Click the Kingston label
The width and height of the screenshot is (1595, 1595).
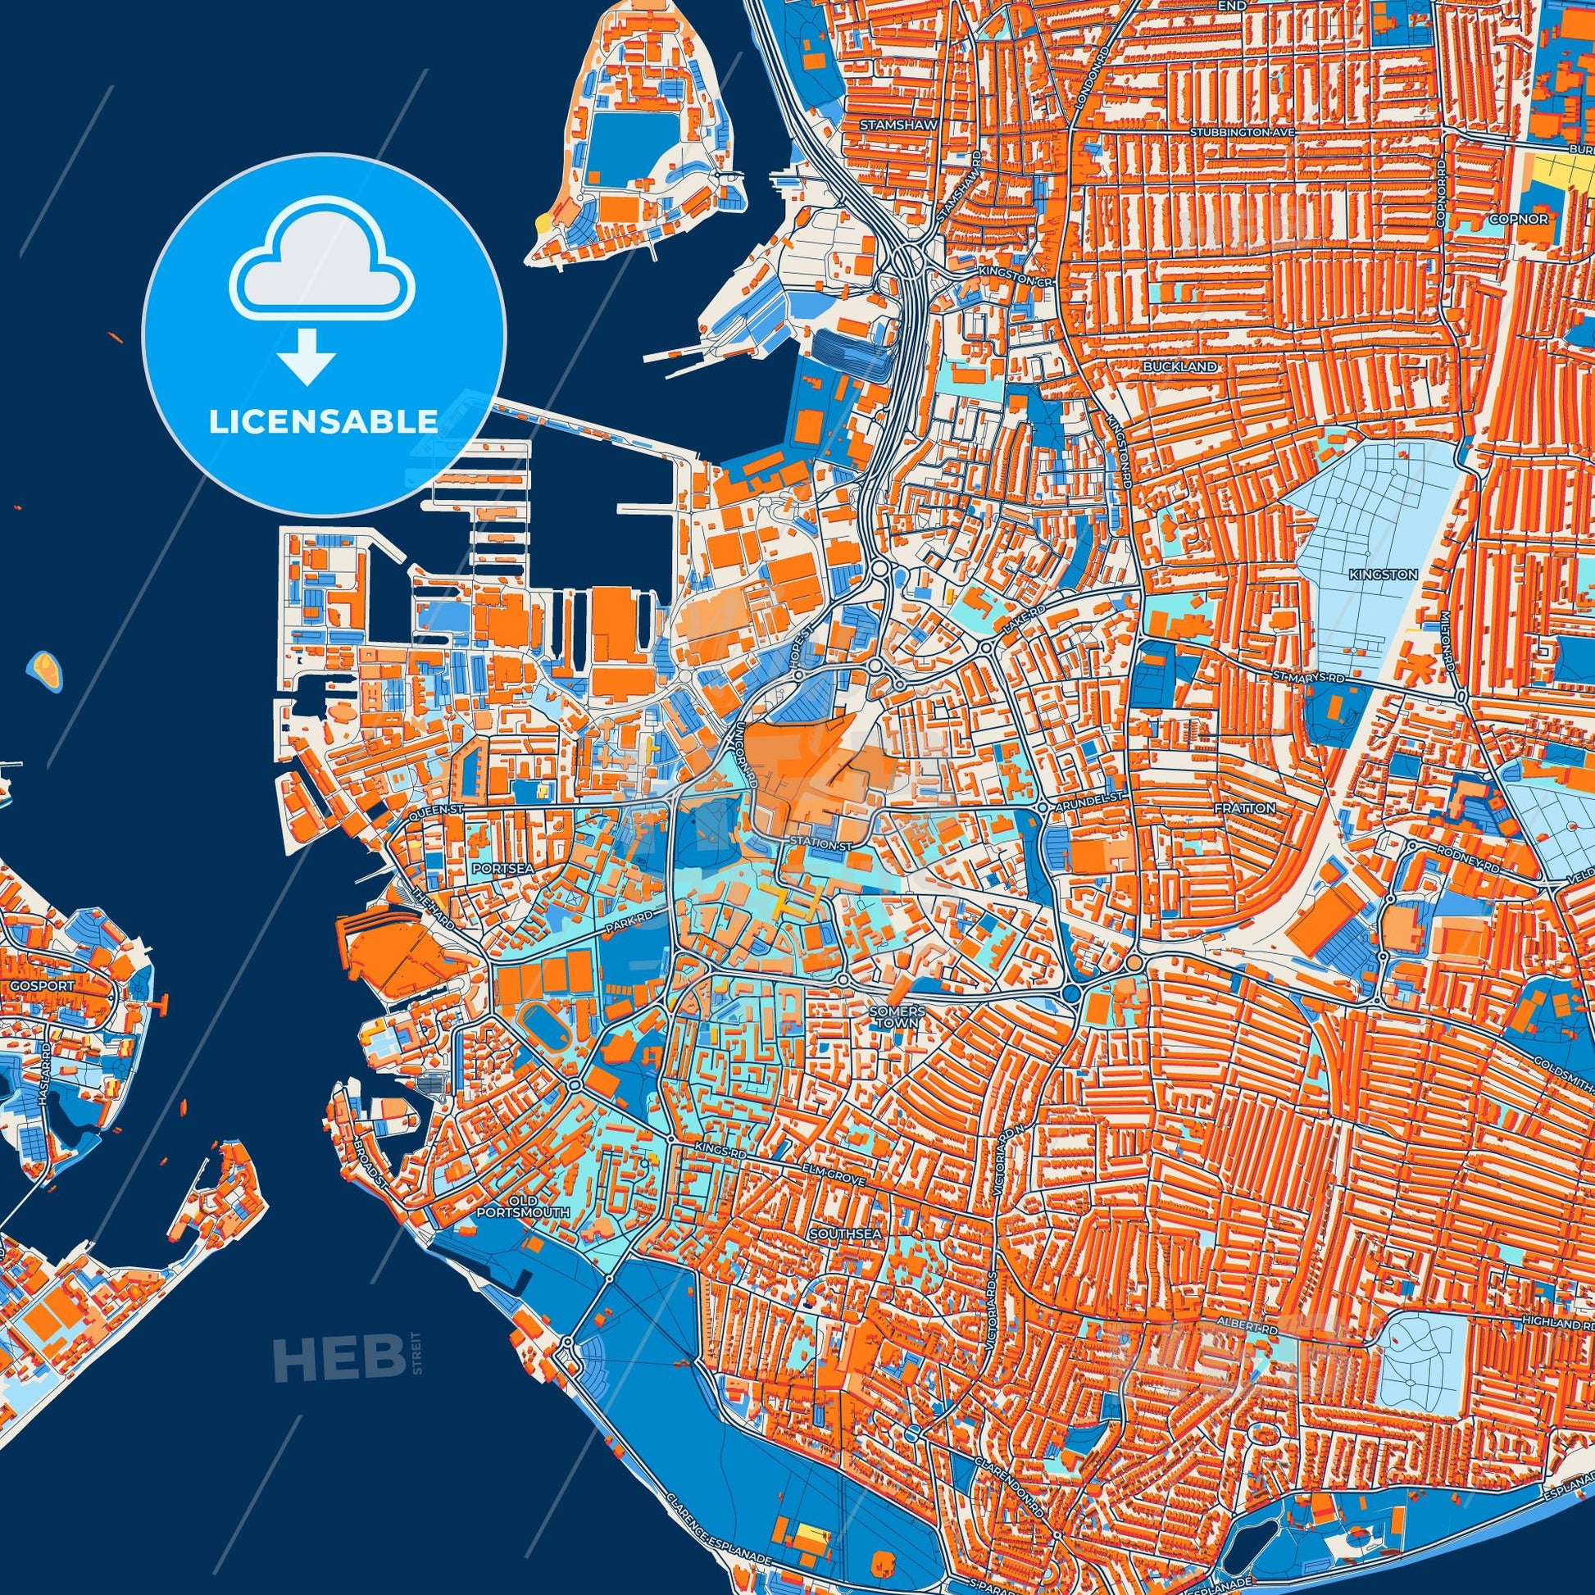point(1394,574)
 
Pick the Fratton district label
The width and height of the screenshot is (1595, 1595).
point(1244,808)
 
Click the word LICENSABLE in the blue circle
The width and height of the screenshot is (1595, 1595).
point(323,422)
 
